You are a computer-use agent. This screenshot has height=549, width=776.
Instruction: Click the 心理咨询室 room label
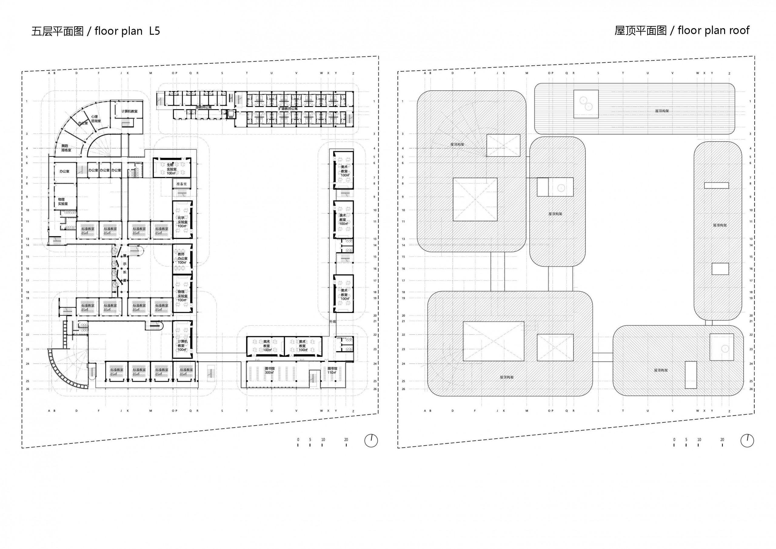coord(96,119)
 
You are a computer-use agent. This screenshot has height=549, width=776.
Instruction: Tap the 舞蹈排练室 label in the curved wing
coord(66,148)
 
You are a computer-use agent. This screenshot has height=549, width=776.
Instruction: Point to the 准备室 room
coord(182,184)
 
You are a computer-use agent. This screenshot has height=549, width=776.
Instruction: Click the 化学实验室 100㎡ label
coord(182,222)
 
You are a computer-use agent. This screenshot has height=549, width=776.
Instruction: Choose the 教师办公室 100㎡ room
coord(182,258)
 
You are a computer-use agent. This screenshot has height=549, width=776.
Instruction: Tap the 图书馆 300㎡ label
coord(269,370)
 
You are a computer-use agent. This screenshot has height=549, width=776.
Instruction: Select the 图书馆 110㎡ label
coord(332,370)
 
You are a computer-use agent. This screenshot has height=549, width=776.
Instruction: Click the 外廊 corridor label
coord(333,322)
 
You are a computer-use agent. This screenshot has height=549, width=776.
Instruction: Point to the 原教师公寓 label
coord(203,108)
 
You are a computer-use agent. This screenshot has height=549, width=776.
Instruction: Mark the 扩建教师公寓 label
coord(288,109)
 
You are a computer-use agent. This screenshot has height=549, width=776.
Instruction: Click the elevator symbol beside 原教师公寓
coord(231,114)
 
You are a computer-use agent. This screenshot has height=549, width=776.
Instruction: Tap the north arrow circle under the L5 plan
coord(371,441)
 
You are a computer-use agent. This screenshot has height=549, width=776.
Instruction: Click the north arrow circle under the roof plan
coord(747,441)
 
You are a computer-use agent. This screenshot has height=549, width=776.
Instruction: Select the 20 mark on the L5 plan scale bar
coord(346,440)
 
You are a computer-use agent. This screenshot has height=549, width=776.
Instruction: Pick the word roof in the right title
coord(738,30)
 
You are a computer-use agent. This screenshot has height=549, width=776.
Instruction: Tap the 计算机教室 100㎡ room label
coord(182,346)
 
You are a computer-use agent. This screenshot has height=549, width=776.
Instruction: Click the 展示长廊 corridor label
coord(124,268)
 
